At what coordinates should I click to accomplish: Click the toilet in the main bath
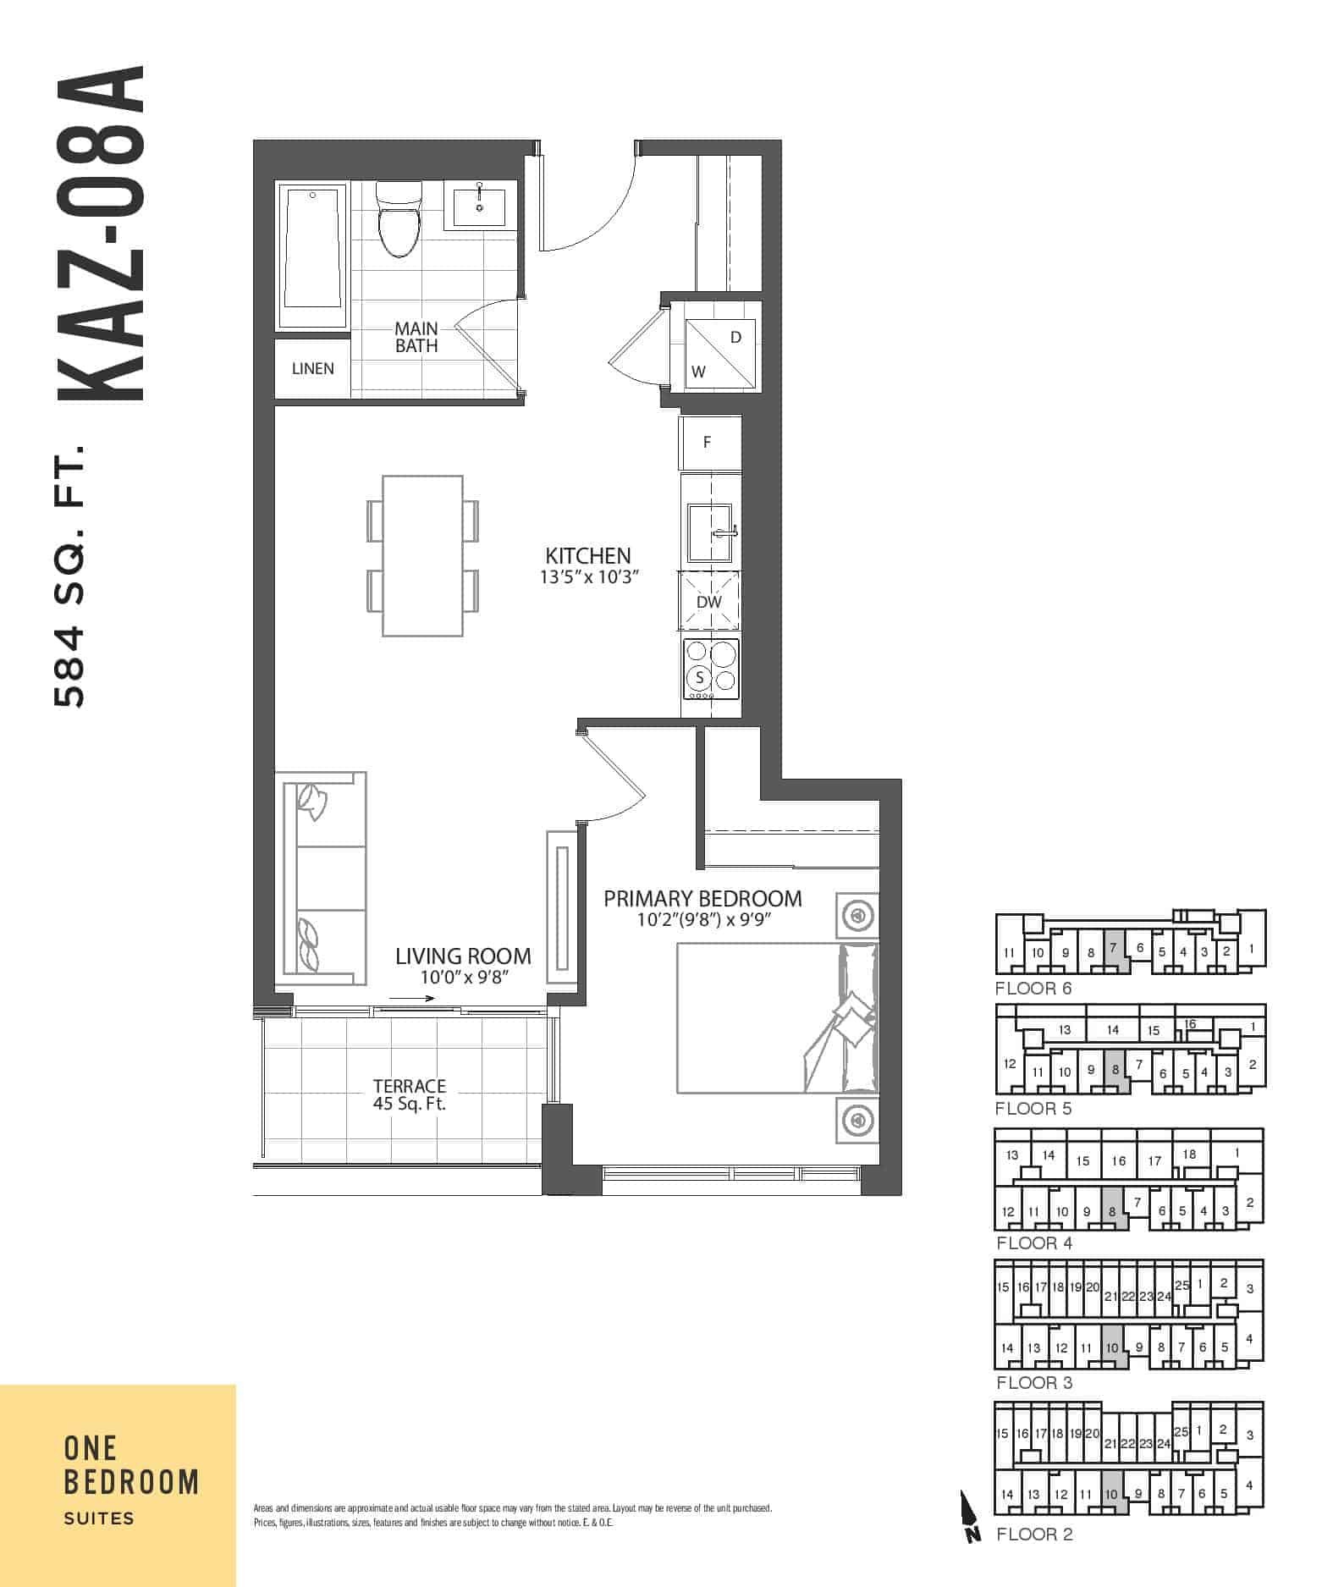[x=397, y=218]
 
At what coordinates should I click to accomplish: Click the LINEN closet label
[x=312, y=368]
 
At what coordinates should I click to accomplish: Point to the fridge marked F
[x=709, y=442]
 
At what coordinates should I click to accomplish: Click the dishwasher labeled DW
[x=709, y=600]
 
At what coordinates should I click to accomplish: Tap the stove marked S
[x=710, y=669]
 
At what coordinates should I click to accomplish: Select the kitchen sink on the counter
[x=709, y=532]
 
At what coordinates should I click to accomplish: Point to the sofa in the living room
[x=321, y=878]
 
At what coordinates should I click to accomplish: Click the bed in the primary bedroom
[x=777, y=1017]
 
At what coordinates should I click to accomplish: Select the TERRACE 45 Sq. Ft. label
[x=410, y=1094]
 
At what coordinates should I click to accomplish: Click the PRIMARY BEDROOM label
[x=702, y=898]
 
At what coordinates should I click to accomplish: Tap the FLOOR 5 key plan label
[x=1033, y=1108]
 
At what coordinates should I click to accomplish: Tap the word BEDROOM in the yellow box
[x=131, y=1482]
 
